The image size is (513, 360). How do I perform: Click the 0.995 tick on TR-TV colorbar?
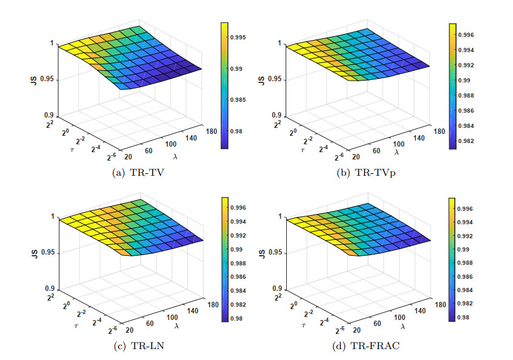coord(240,38)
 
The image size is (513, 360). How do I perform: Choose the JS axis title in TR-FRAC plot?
coord(263,253)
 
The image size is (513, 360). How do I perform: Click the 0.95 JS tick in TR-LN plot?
coord(49,253)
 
